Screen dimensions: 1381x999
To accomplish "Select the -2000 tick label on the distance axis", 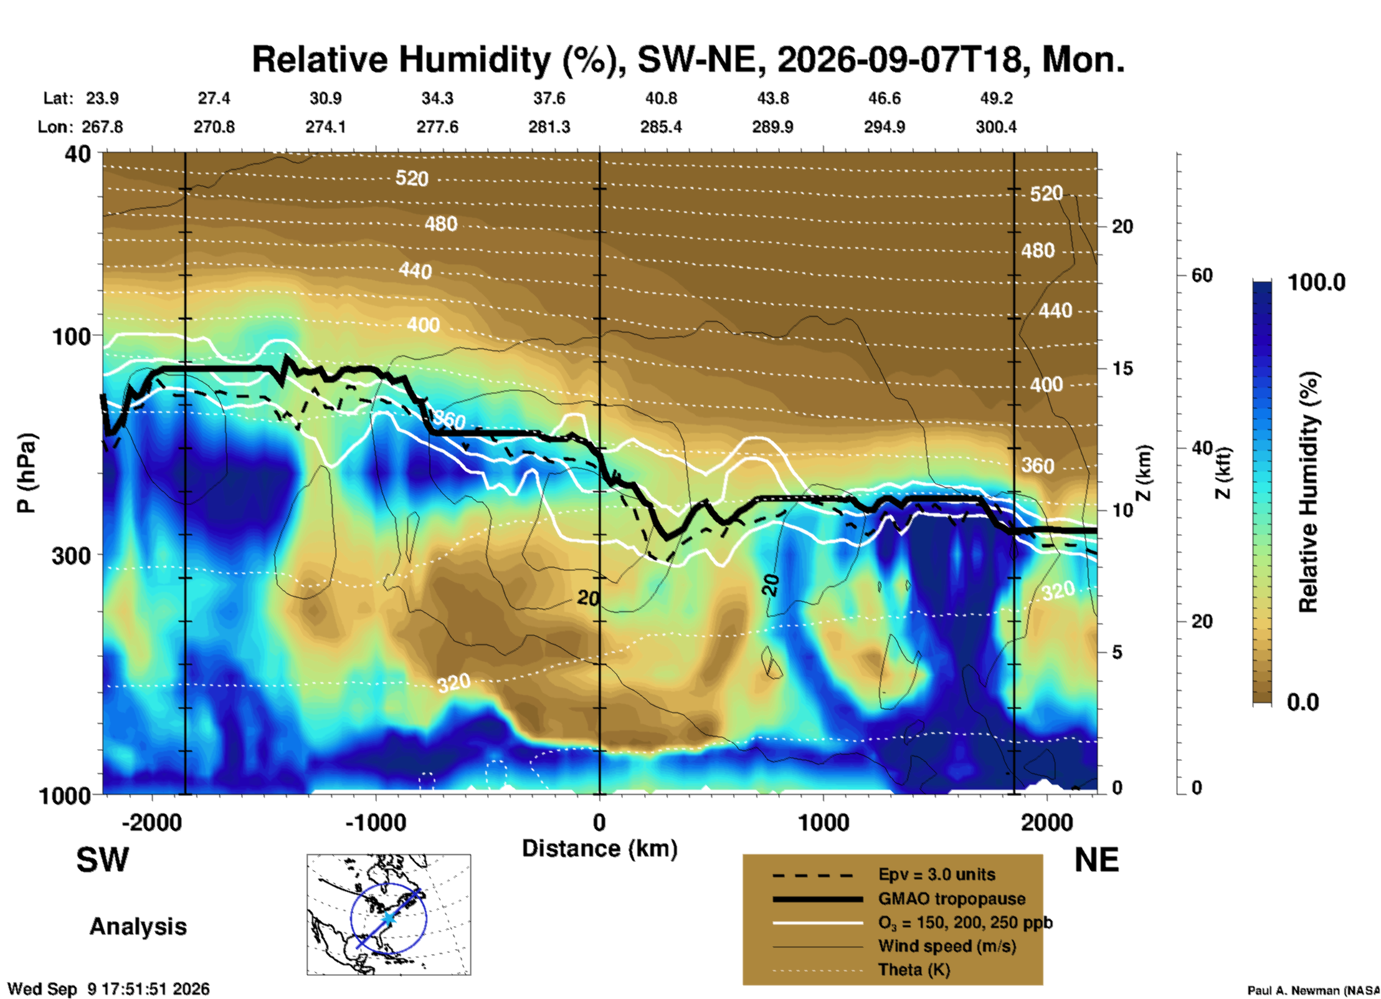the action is pyautogui.click(x=151, y=823).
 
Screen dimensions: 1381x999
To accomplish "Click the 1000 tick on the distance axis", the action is pyautogui.click(x=823, y=823).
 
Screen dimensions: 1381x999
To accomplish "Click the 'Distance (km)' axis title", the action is pyautogui.click(x=599, y=849).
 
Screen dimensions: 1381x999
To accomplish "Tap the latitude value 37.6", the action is pyautogui.click(x=549, y=98).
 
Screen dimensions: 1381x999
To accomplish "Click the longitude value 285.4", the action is pyautogui.click(x=661, y=127).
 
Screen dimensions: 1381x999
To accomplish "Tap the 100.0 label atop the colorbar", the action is pyautogui.click(x=1317, y=282).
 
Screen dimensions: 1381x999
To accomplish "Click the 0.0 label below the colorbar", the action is pyautogui.click(x=1303, y=702).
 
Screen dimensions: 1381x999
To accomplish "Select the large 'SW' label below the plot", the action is pyautogui.click(x=103, y=860).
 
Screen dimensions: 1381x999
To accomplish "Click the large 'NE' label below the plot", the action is pyautogui.click(x=1096, y=860).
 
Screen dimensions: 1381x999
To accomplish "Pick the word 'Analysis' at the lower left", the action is pyautogui.click(x=138, y=927).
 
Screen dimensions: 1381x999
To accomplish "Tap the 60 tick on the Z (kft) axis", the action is pyautogui.click(x=1202, y=275).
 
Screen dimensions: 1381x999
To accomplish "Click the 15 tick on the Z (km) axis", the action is pyautogui.click(x=1122, y=368).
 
